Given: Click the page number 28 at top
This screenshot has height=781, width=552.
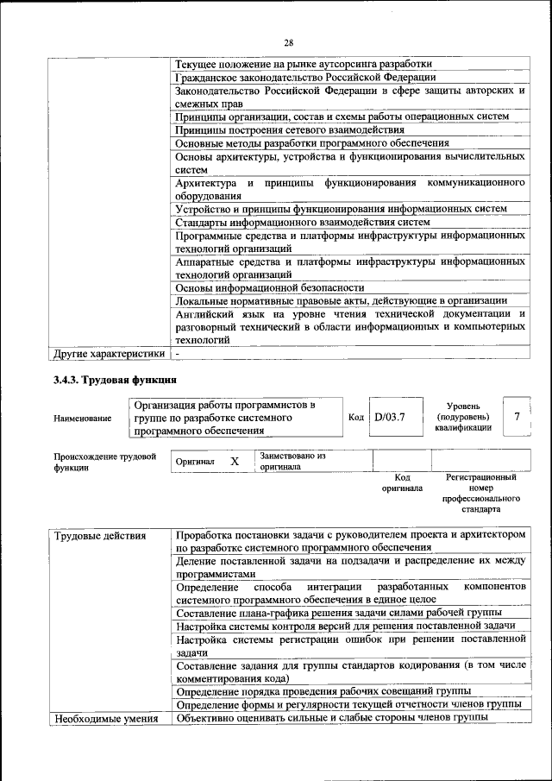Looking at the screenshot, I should point(288,42).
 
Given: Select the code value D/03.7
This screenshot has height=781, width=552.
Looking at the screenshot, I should point(390,417).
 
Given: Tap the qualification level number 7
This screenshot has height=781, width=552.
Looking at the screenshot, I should point(516,417).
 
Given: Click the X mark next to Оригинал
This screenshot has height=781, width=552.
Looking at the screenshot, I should point(234,462).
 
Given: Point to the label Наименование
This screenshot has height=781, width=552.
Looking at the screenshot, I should point(82,418).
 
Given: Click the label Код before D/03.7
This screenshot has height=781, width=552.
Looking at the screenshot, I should point(355,417).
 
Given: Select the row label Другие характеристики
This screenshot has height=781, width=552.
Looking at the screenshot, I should point(109,353).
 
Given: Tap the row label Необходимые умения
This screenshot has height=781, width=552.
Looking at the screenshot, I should point(106,718).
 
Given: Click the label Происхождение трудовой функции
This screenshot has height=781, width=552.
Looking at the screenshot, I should point(104,462).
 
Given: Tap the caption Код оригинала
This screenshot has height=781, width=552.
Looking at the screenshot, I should point(402,482).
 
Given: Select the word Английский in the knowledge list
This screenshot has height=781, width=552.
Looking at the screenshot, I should point(207,313).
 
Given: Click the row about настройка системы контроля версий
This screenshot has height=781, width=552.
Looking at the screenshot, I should point(345,626).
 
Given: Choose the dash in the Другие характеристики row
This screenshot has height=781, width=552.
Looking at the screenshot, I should point(178,353).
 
